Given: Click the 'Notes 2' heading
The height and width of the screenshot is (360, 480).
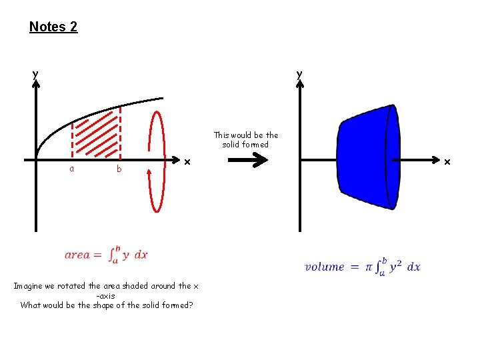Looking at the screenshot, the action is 53,27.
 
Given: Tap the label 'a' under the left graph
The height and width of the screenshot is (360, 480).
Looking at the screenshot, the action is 71,169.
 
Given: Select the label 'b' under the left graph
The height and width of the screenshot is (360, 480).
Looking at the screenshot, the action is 119,169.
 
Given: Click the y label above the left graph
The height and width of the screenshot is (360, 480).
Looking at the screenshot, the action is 35,73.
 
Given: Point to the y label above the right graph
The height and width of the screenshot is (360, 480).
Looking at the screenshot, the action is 299,73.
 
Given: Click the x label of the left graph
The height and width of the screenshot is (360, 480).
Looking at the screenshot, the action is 187,161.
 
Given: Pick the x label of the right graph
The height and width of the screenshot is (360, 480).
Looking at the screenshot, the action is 447,161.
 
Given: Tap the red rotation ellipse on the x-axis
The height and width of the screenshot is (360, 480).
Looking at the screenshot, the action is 157,160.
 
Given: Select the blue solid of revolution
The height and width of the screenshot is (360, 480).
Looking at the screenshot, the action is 367,159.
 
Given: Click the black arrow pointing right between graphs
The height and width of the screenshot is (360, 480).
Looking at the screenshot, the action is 247,160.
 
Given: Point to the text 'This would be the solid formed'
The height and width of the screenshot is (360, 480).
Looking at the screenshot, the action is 246,140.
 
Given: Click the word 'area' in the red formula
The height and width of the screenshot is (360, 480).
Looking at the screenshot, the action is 77,255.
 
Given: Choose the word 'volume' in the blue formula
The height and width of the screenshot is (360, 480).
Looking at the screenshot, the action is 325,267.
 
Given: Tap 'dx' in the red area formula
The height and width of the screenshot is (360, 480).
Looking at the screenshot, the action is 141,255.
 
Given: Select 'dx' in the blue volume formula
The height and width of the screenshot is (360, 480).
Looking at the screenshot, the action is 413,267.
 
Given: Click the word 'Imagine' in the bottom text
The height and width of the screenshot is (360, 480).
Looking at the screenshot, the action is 29,286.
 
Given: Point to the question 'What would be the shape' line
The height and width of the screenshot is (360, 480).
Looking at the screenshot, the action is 107,305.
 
